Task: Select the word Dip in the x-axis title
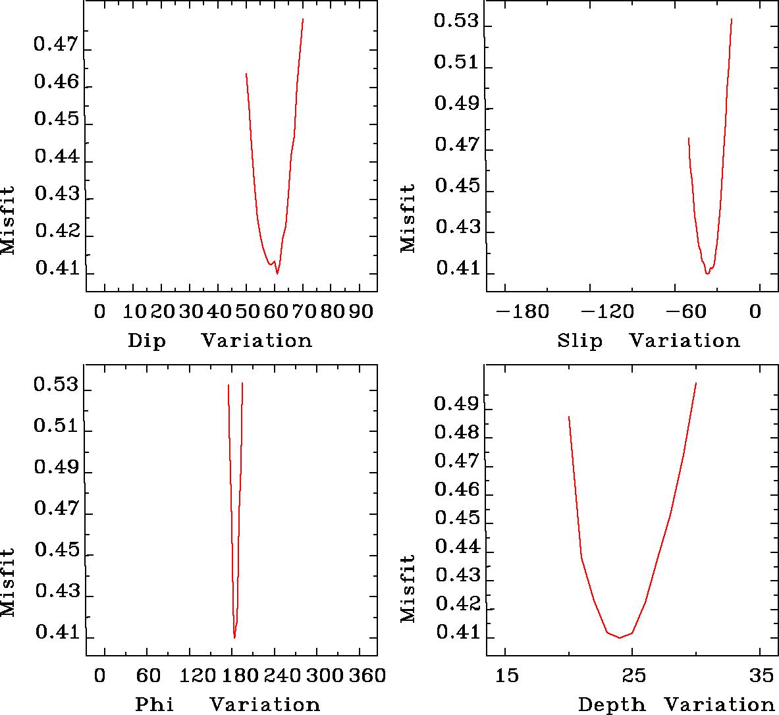pos(146,341)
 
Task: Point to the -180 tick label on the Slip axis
pos(524,311)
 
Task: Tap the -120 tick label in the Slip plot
pos(612,311)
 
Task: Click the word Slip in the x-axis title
pos(579,341)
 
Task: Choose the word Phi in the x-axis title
pos(154,705)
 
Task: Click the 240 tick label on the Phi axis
pos(279,675)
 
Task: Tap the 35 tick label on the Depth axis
pos(761,675)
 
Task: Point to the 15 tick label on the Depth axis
pos(507,675)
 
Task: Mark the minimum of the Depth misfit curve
pos(620,637)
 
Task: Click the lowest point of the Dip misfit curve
pos(277,273)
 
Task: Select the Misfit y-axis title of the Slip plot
pos(408,219)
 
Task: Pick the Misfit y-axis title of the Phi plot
pos(8,583)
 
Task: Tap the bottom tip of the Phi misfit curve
pos(234,637)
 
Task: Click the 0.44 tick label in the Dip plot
pos(56,158)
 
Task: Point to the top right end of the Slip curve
pos(732,19)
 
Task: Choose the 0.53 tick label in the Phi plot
pos(56,386)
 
